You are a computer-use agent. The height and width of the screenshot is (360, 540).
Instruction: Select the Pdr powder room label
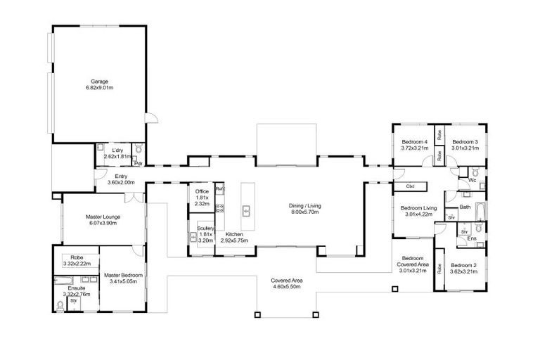[139, 163]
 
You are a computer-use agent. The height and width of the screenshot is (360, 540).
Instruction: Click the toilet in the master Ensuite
[60, 305]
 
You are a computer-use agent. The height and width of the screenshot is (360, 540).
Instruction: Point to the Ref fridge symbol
[219, 190]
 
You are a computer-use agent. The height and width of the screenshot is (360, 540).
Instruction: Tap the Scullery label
[205, 229]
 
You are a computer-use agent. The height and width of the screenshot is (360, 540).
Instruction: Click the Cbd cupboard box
[409, 187]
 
